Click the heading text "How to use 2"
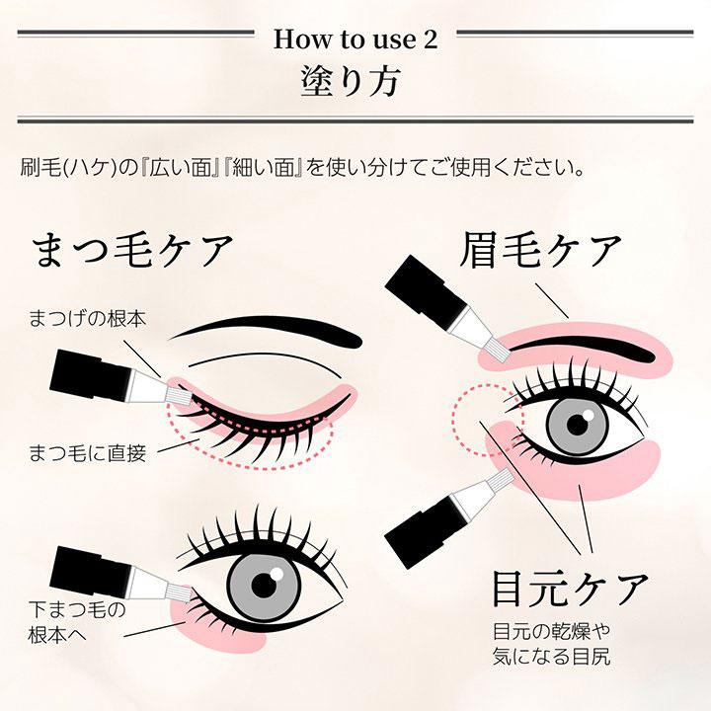355,39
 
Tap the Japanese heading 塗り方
355,82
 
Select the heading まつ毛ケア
133,251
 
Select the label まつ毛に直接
87,453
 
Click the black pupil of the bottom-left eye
264,583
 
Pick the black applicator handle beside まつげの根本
94,370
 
